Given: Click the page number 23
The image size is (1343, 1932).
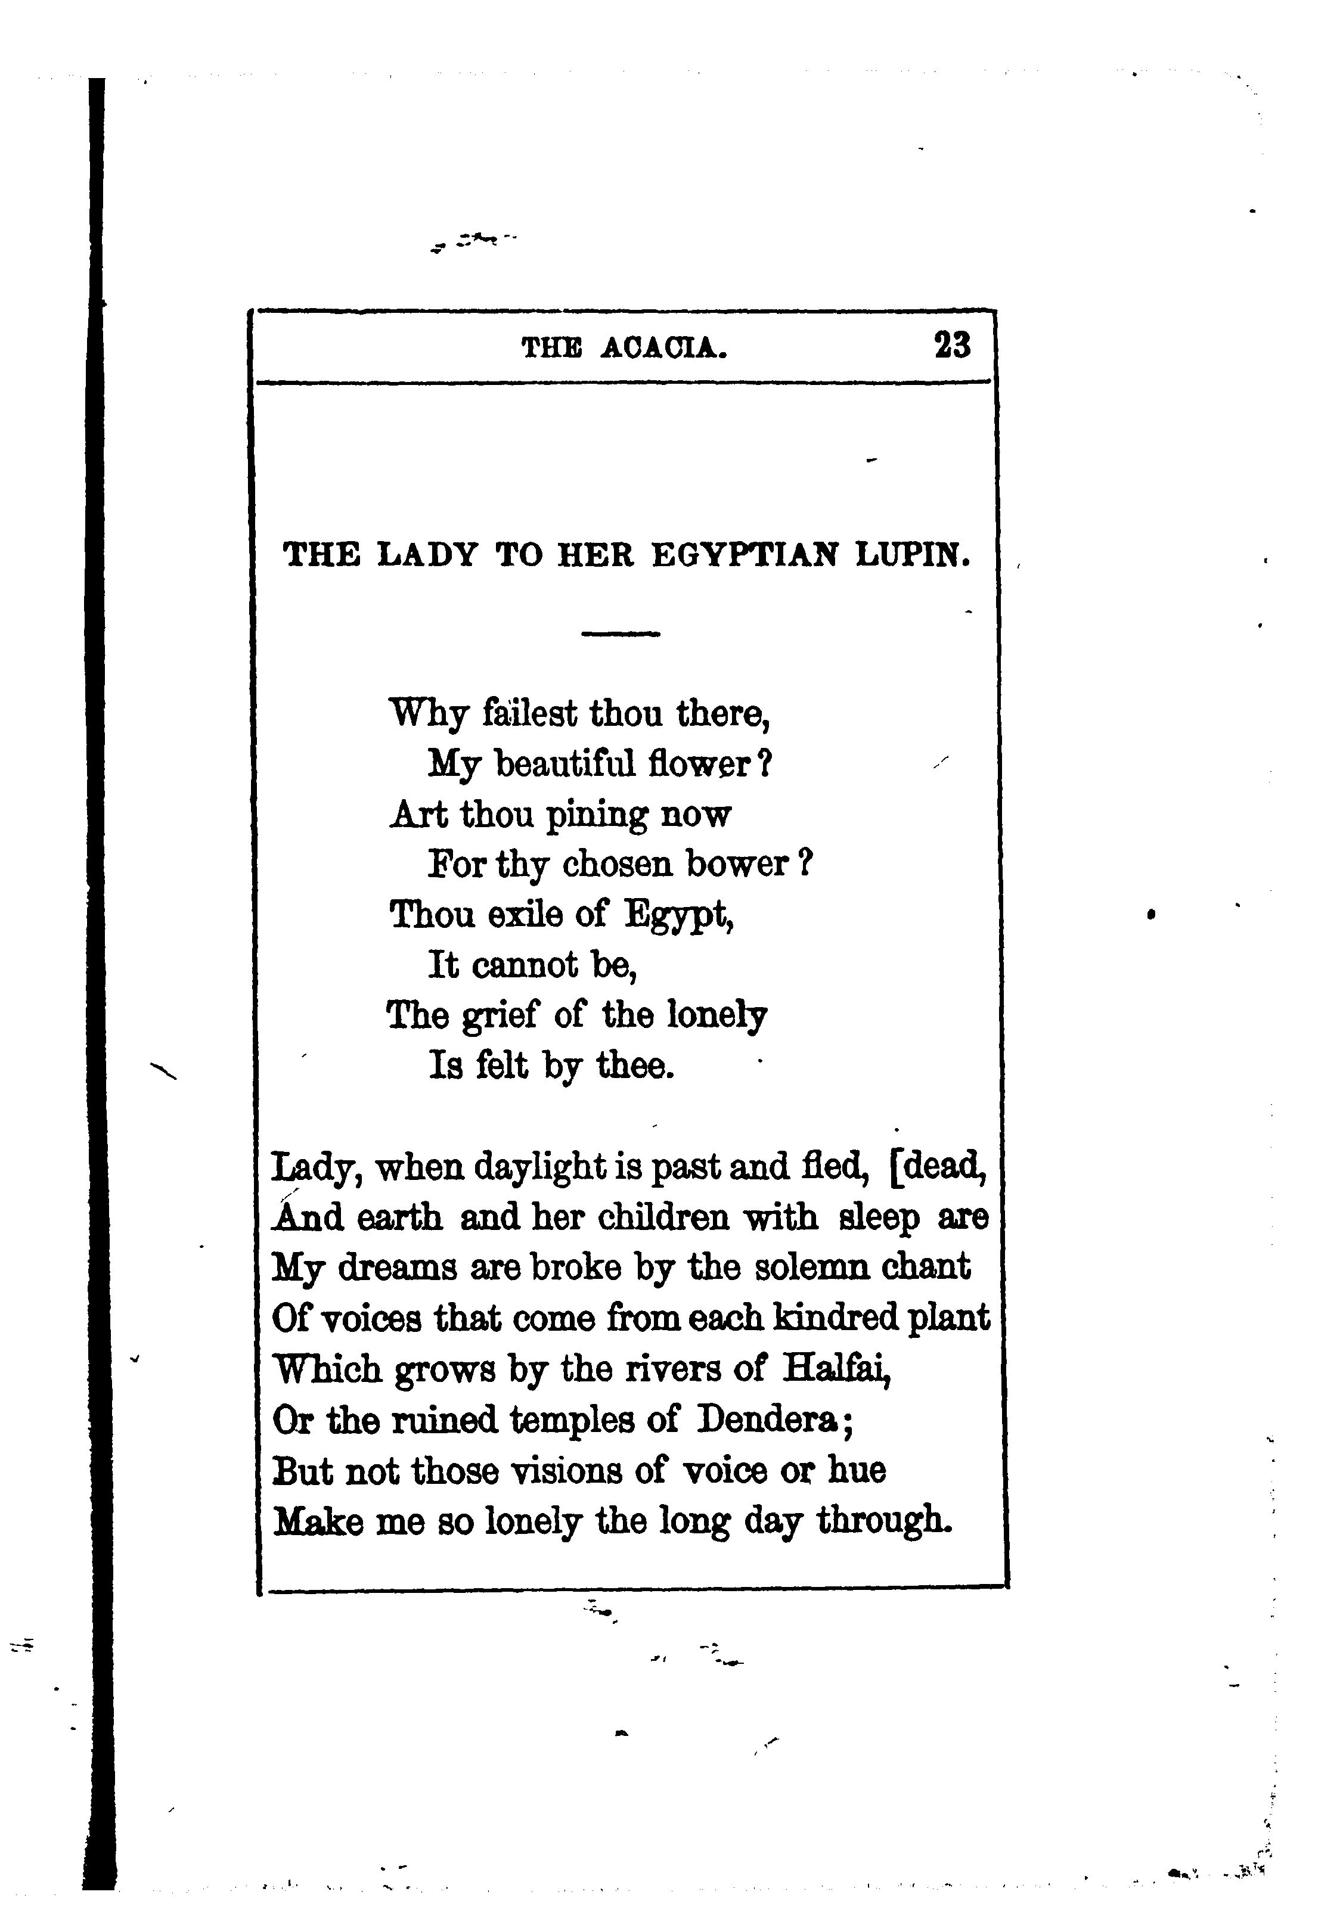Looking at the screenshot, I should [x=952, y=346].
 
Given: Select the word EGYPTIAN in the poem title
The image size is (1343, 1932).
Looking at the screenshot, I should [x=745, y=555].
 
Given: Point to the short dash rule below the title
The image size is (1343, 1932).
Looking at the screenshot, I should [x=620, y=634].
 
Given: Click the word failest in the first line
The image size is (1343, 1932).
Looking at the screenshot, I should [x=530, y=713].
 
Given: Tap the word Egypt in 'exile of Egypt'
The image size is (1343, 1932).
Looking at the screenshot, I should [x=678, y=916].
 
